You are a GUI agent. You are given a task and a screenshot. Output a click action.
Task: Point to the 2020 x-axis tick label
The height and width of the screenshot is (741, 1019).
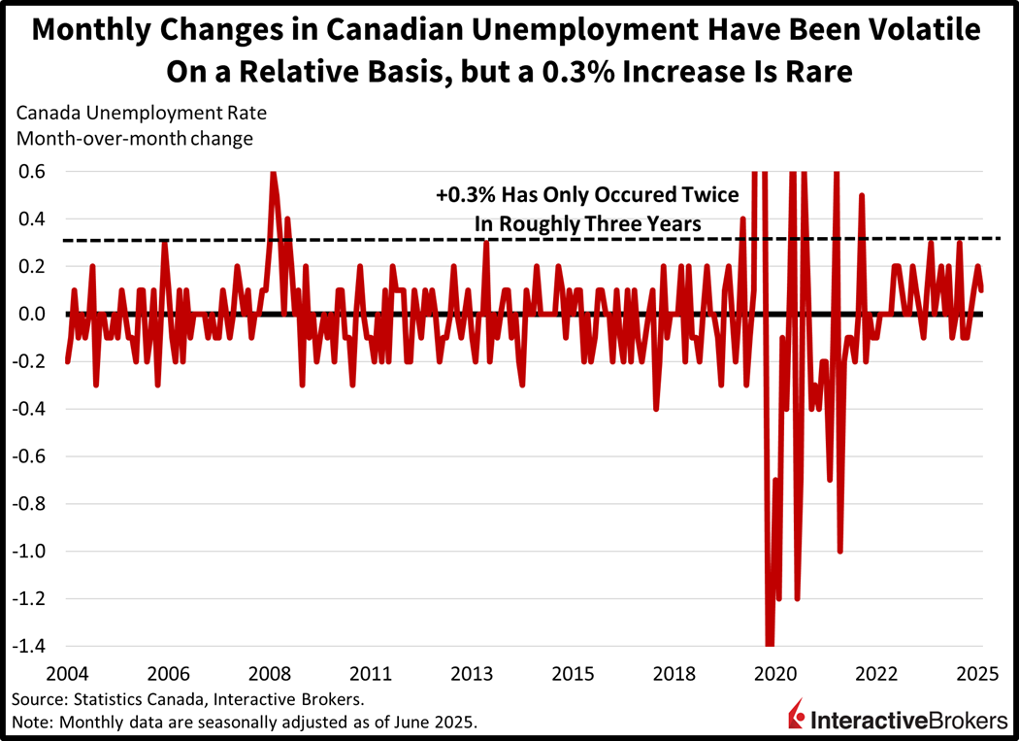[775, 673]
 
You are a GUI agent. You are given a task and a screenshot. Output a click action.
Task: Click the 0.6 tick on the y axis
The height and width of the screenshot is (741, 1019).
[31, 172]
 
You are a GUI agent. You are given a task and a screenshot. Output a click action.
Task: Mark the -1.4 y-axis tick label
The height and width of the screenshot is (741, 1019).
[28, 647]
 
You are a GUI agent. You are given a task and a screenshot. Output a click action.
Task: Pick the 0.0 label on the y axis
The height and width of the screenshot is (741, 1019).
[31, 315]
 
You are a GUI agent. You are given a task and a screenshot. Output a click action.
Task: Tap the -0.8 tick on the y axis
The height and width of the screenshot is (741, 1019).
[28, 504]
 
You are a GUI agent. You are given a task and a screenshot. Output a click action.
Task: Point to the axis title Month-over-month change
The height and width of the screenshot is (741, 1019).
[135, 138]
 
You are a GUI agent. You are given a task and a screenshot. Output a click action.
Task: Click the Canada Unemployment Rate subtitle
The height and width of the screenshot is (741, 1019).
[142, 113]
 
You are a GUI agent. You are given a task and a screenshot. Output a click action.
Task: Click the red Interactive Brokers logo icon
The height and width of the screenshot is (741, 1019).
[797, 720]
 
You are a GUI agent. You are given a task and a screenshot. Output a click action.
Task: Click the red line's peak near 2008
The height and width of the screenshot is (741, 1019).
[273, 173]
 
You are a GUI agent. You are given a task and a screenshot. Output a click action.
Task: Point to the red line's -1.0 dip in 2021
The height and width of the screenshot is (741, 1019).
[839, 551]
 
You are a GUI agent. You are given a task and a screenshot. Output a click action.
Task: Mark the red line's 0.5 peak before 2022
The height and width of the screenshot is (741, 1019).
[861, 196]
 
